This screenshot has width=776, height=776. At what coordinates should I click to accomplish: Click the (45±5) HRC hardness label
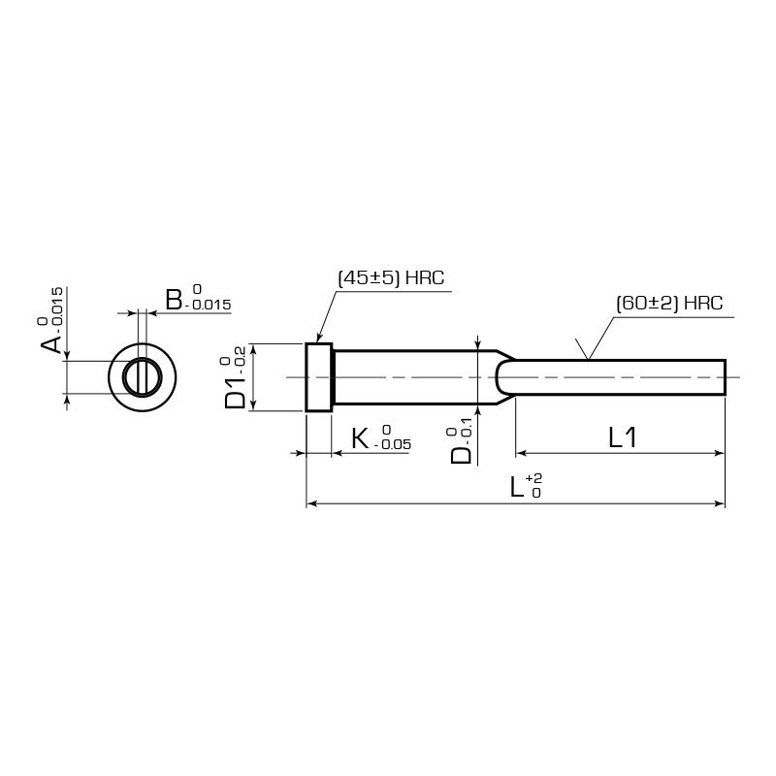[x=391, y=277]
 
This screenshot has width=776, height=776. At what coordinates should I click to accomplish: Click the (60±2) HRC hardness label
[x=669, y=303]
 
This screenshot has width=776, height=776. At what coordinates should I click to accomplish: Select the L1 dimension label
[x=622, y=437]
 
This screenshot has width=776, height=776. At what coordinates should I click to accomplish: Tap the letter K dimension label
[x=360, y=438]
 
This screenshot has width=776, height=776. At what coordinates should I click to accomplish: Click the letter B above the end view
[x=174, y=300]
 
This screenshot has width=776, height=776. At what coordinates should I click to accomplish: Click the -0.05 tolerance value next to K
[x=393, y=444]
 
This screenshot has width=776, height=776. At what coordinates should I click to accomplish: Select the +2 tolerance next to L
[x=534, y=478]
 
